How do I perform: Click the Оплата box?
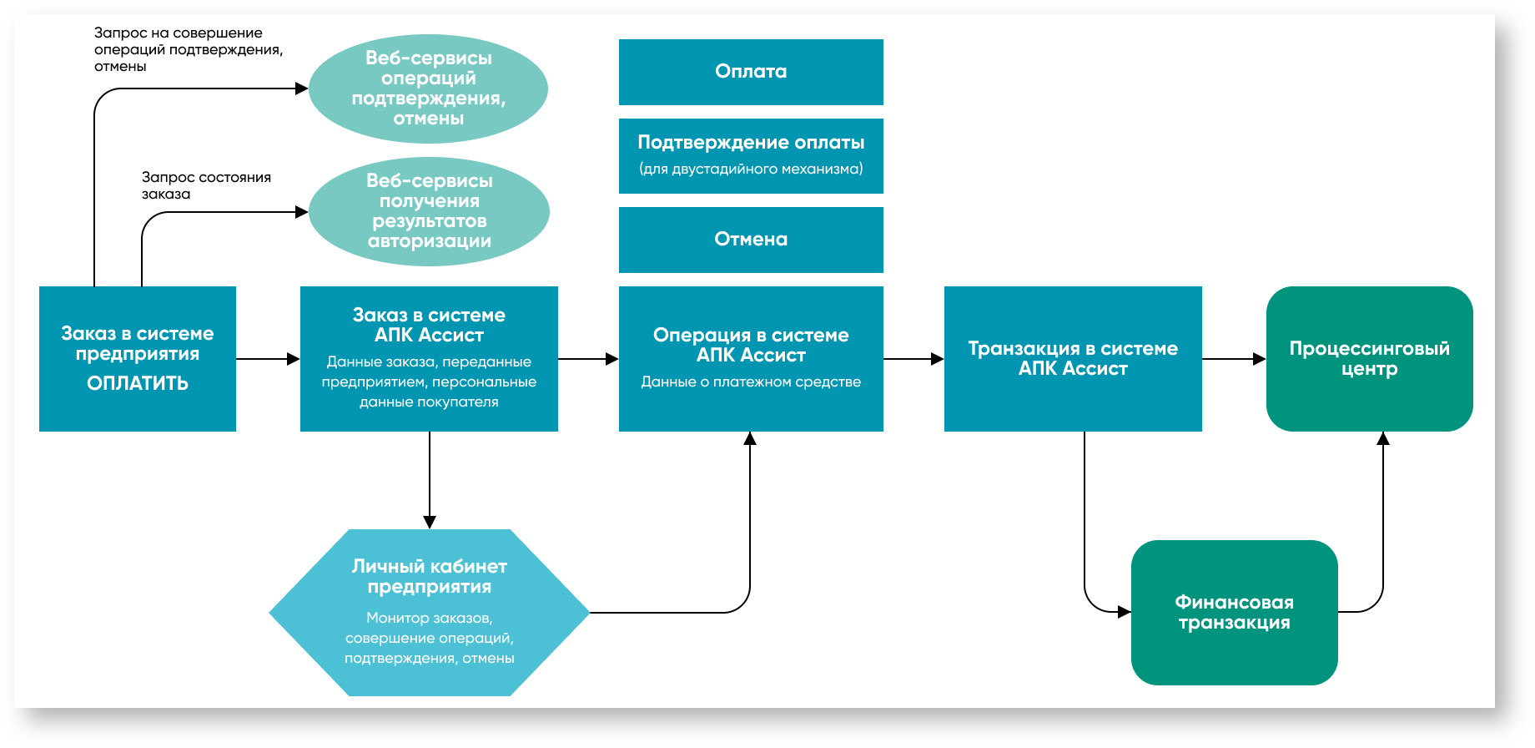[751, 72]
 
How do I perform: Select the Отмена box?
[751, 240]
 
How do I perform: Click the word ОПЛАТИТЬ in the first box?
[138, 383]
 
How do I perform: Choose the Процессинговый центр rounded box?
[1369, 359]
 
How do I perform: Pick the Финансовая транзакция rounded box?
[1234, 613]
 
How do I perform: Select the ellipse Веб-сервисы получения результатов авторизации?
[429, 211]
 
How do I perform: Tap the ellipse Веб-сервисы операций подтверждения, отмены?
[428, 88]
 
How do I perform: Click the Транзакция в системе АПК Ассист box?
[1073, 359]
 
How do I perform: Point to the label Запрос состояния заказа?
[206, 185]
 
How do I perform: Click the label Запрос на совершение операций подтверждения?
[188, 49]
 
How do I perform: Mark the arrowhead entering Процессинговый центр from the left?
[1260, 359]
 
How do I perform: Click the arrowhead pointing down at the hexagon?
[430, 522]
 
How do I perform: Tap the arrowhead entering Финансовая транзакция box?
[1125, 612]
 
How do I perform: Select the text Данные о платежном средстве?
[751, 382]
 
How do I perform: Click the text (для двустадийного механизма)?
[751, 169]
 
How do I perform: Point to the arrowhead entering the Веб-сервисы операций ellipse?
[302, 88]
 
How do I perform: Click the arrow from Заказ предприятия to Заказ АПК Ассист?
[268, 359]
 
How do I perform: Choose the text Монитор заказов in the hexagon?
[429, 619]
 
